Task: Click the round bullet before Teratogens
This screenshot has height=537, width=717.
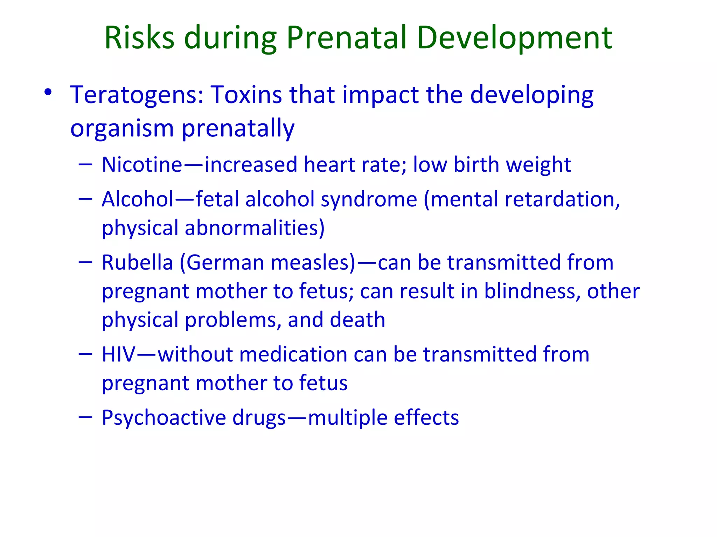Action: click(48, 92)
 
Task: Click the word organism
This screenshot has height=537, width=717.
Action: click(122, 129)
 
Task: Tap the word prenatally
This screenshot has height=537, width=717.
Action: click(238, 129)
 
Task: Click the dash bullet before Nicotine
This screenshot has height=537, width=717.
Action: click(85, 164)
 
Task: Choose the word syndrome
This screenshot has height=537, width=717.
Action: click(369, 200)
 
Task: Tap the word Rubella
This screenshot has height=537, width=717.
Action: click(137, 263)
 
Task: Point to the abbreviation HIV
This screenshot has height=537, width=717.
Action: click(118, 355)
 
